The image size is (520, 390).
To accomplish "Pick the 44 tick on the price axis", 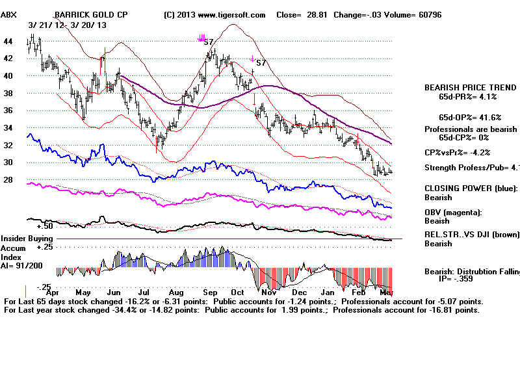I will point(8,41).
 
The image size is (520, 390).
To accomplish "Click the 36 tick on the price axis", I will point(8,110).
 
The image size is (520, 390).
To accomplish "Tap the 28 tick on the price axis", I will point(8,180).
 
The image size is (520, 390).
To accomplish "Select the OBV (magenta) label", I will point(454,212).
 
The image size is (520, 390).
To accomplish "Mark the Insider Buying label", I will point(27,239).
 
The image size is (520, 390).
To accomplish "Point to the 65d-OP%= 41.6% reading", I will point(469,117).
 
